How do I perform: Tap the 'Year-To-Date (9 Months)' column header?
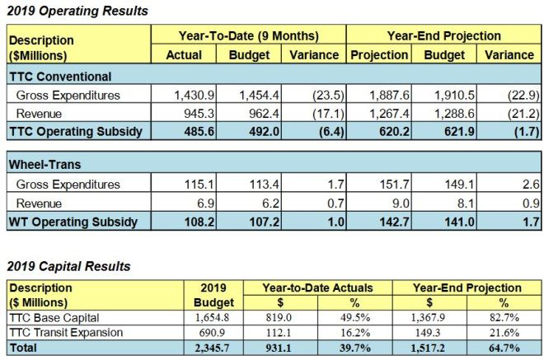click(248, 35)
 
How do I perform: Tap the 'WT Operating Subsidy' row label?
click(71, 222)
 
